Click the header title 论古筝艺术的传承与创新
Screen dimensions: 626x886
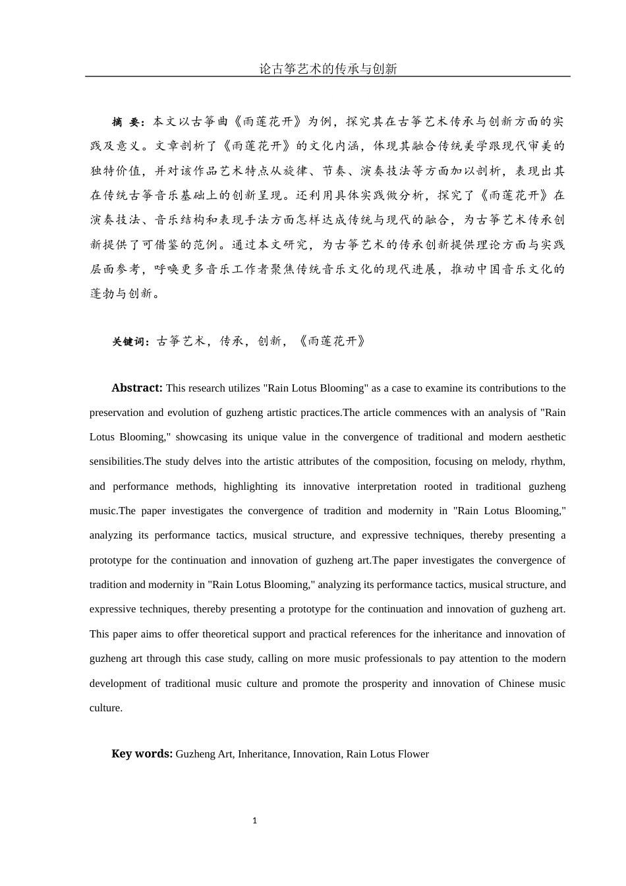[x=327, y=69]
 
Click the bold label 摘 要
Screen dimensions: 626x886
[x=127, y=122]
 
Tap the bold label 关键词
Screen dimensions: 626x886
[x=130, y=341]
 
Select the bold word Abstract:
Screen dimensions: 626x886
[x=136, y=388]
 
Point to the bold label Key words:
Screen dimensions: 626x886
[x=142, y=754]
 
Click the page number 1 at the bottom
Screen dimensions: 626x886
[x=254, y=821]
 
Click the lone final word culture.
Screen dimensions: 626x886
[x=105, y=708]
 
